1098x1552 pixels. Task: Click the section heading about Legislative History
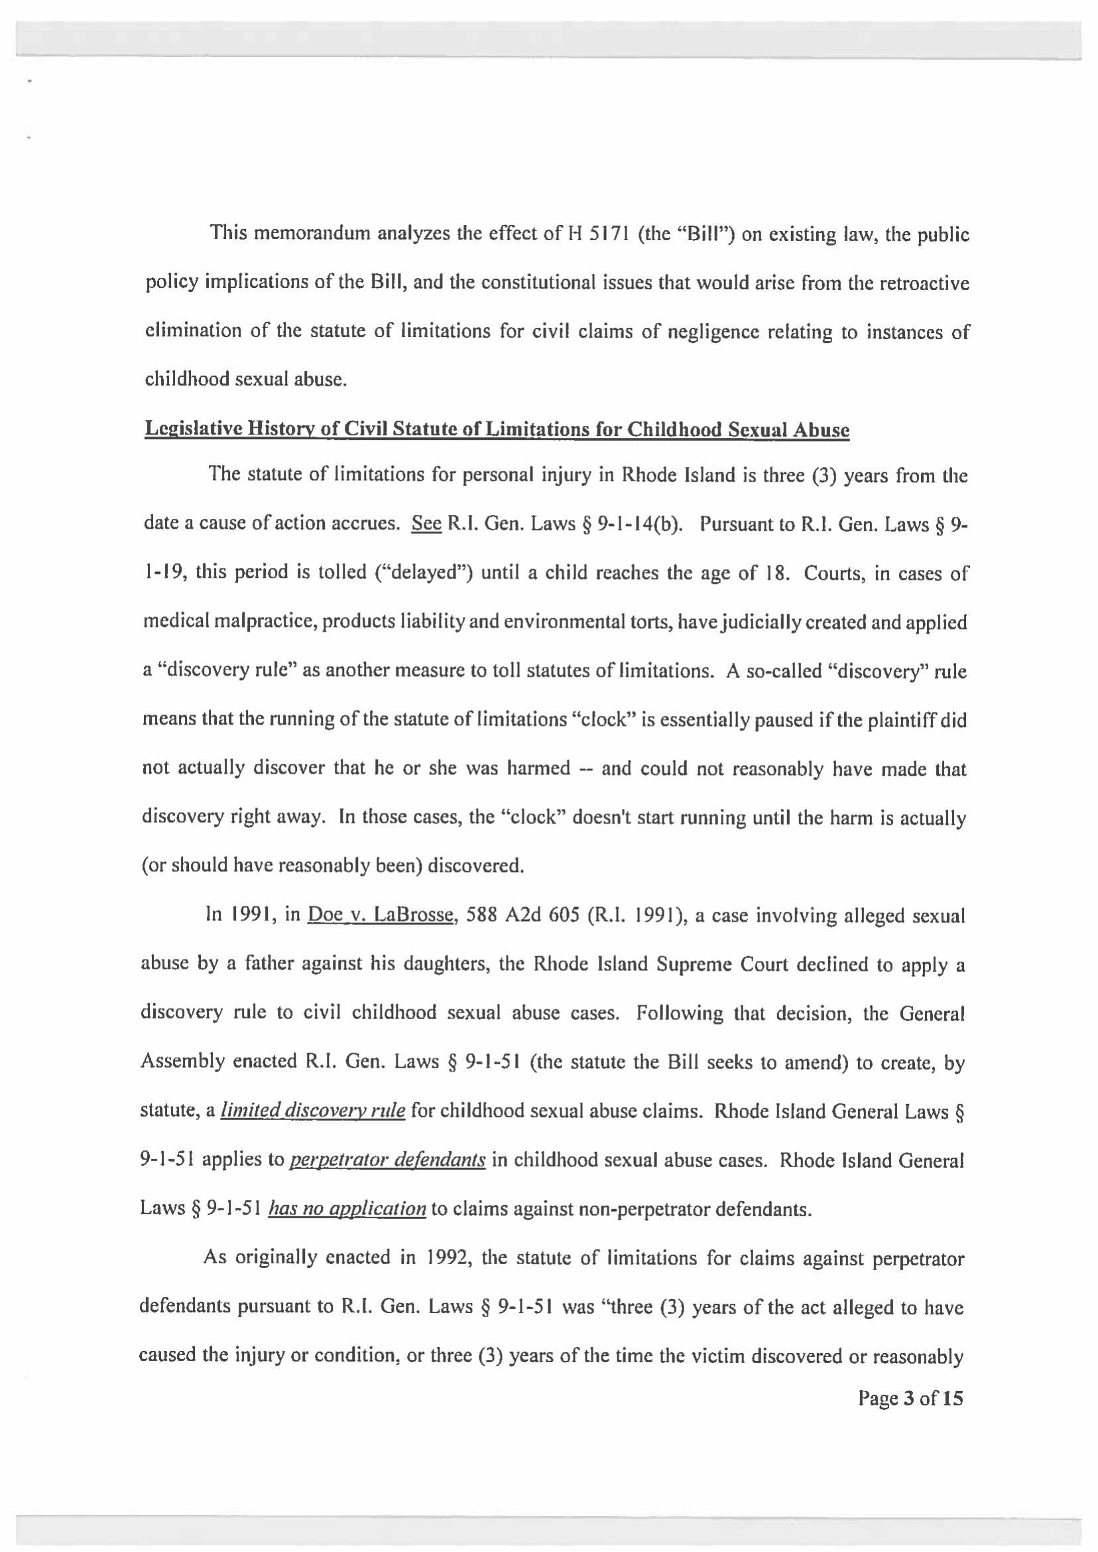pos(497,430)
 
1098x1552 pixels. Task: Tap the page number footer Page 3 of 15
pos(910,1399)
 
